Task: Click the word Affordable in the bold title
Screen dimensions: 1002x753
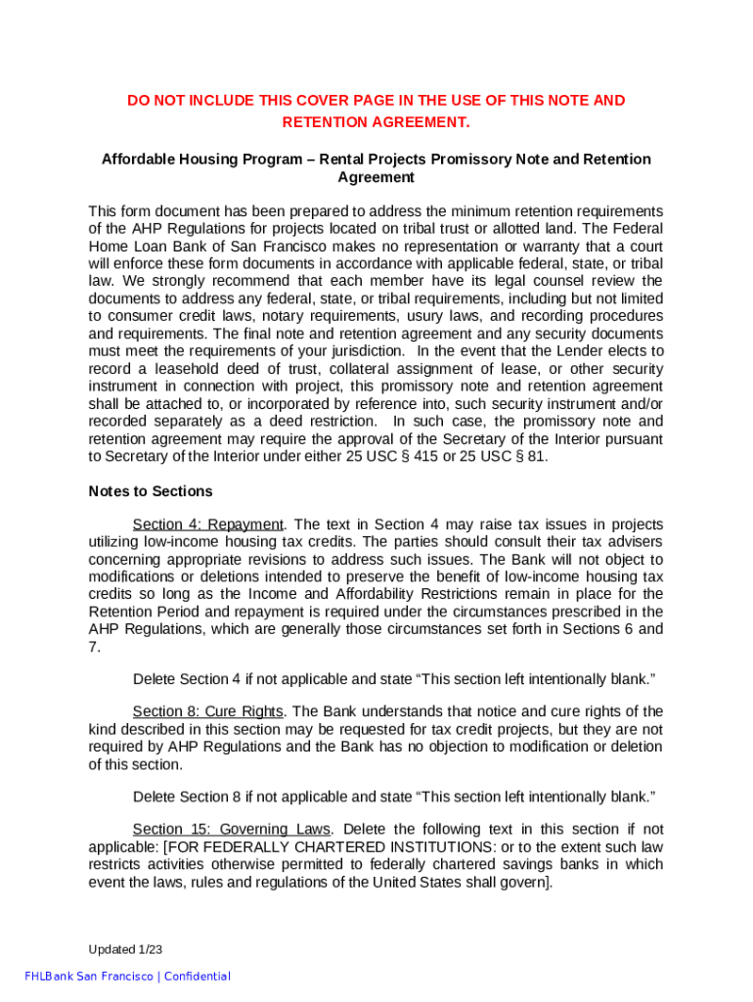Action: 138,159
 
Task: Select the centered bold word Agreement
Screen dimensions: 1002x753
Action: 376,177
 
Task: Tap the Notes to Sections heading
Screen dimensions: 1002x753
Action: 150,491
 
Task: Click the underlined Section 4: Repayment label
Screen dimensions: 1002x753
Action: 207,524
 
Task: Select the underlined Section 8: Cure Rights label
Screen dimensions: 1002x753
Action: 207,711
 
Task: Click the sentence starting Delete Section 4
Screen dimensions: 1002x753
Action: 393,679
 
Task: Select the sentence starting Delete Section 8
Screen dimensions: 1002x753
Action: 393,796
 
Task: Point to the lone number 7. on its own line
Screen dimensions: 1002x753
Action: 94,647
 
